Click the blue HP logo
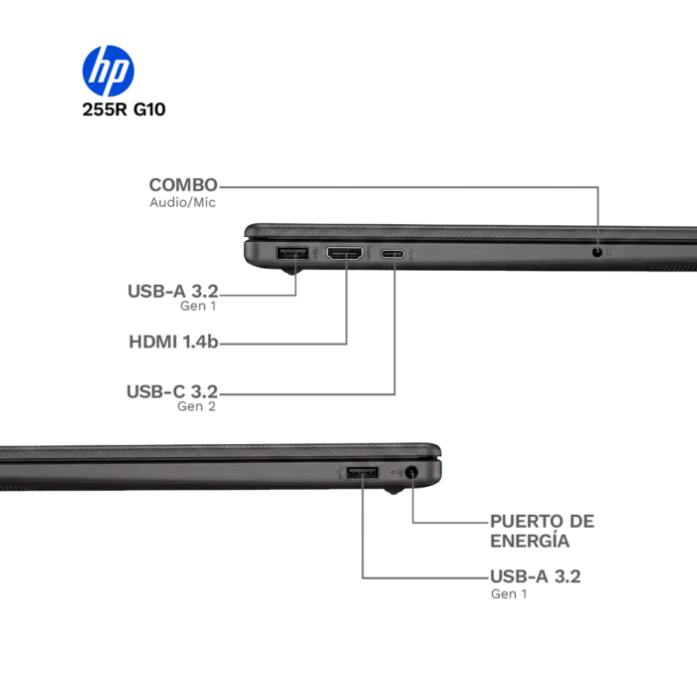[108, 71]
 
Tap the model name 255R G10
[123, 110]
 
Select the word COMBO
[183, 185]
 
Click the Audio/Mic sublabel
[182, 203]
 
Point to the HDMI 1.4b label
[173, 342]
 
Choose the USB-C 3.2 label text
[172, 391]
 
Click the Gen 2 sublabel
[196, 406]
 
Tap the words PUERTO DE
[542, 522]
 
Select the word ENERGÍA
[530, 541]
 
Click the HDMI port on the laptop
[345, 253]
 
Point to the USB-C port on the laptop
[393, 254]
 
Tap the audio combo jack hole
[597, 252]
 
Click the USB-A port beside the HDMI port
[292, 253]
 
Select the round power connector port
[412, 472]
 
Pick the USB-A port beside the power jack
[362, 473]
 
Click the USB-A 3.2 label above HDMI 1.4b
[173, 292]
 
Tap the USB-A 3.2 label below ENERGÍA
[536, 577]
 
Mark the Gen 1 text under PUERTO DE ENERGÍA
[509, 593]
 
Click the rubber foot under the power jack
[394, 491]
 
